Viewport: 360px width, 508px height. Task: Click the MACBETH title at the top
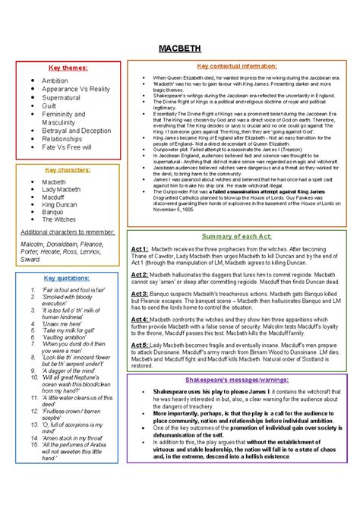coord(179,49)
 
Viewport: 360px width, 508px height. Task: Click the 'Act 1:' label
coord(140,249)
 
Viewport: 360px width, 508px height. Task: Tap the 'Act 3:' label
coord(140,292)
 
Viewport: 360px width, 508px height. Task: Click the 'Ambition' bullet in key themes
coord(55,80)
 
